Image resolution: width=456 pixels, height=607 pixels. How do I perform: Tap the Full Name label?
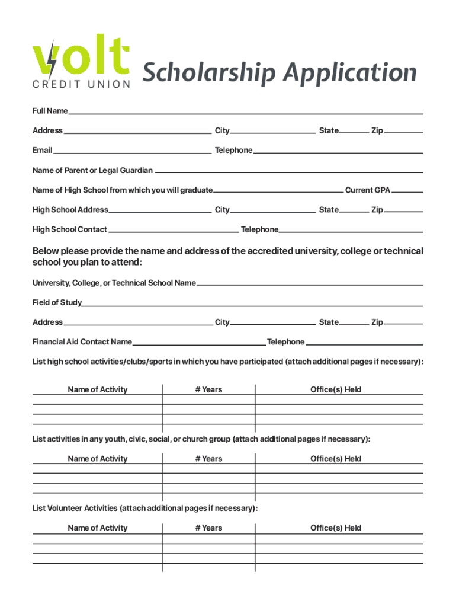tap(50, 111)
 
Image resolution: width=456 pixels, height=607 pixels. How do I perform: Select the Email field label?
tap(43, 151)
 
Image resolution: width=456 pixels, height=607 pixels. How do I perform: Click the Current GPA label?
tap(367, 190)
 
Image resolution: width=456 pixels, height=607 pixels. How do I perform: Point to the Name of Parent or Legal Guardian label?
tap(92, 171)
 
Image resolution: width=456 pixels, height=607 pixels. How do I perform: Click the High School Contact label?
tap(70, 229)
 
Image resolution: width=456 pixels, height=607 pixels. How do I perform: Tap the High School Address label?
tap(70, 210)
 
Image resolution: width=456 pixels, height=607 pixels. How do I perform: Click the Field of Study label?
tap(57, 303)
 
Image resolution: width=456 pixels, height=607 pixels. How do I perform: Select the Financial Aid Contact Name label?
tap(82, 342)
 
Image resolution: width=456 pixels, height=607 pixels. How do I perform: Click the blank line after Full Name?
tap(246, 113)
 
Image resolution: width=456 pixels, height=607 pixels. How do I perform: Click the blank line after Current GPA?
tap(407, 191)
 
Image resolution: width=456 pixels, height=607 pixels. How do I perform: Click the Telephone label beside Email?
tap(233, 151)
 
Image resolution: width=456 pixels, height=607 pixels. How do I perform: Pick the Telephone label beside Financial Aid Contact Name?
tap(285, 342)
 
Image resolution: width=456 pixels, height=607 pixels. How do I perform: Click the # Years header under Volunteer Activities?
tap(208, 528)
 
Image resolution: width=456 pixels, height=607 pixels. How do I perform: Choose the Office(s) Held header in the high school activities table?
tap(336, 390)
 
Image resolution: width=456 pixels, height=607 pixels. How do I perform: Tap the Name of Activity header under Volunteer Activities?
tap(97, 528)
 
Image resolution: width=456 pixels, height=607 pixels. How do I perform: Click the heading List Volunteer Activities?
tap(75, 509)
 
